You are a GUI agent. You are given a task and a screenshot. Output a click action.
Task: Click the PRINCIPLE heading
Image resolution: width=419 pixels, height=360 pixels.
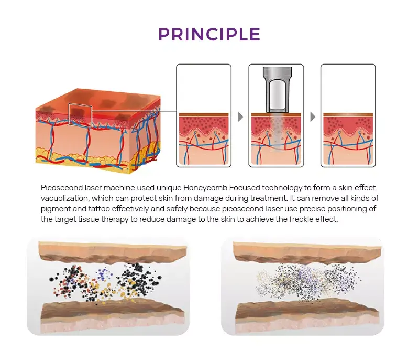coord(210,34)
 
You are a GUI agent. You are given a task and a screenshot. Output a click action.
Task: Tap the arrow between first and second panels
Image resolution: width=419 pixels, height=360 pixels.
coord(240,117)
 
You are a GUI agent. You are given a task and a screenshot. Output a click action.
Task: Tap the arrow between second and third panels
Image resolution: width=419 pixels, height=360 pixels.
coord(313,117)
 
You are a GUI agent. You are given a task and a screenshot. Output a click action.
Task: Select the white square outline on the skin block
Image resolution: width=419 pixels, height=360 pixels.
coord(80,114)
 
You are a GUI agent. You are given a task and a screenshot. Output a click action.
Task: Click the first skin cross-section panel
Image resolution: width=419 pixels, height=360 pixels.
coord(204,115)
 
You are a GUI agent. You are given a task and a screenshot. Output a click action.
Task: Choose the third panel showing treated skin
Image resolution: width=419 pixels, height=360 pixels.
coord(348,115)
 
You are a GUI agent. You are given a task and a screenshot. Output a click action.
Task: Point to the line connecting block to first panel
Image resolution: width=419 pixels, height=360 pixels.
coord(134,111)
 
